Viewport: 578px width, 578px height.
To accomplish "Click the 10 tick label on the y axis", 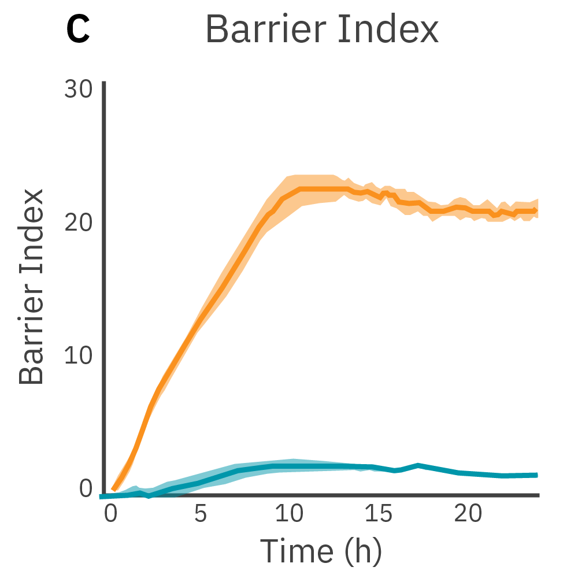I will (78, 355).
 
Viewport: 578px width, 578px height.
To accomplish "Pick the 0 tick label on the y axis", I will (86, 488).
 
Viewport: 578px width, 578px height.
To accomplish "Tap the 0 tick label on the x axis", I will (111, 513).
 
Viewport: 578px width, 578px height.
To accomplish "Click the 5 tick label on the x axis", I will (200, 513).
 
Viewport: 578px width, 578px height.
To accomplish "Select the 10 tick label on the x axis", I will (290, 513).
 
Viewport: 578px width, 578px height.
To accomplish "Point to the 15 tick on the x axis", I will (379, 513).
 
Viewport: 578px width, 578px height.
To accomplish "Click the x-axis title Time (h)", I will (321, 550).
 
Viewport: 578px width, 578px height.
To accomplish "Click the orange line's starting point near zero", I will (114, 489).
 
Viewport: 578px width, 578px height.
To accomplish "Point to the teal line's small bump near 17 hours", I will (417, 465).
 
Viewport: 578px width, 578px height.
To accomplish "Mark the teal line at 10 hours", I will (290, 466).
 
